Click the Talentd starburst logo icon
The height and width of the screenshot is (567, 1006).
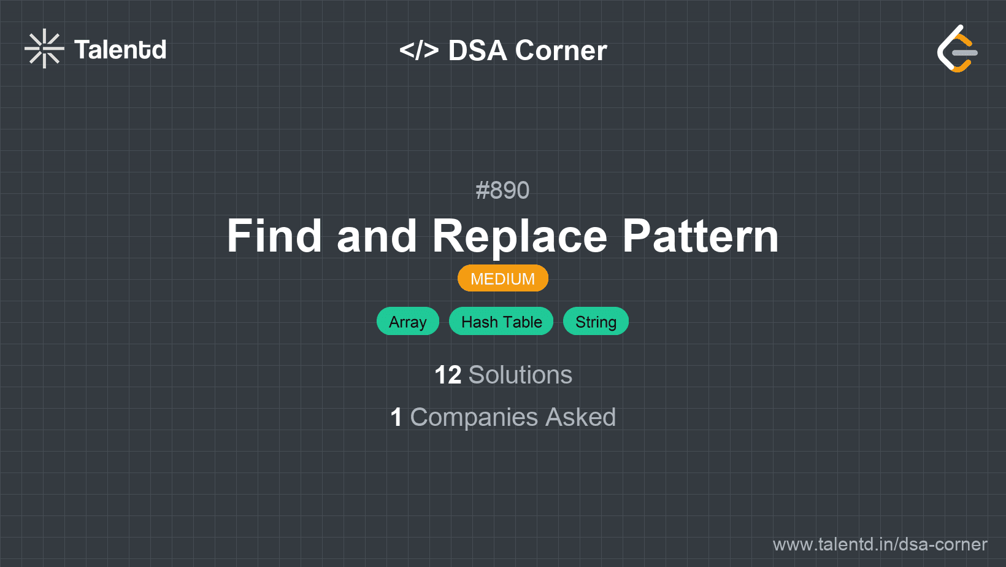[x=44, y=48]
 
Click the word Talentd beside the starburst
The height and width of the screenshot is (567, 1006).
[x=120, y=50]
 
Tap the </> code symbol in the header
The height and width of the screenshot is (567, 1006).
[x=418, y=50]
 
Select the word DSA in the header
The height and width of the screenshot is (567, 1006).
[x=477, y=50]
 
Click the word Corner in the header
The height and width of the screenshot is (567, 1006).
[x=561, y=50]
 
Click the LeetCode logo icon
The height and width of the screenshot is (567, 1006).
[x=957, y=48]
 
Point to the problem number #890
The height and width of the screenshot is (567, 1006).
[x=502, y=190]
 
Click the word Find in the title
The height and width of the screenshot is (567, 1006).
[x=274, y=236]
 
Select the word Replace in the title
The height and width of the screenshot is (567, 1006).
[x=520, y=238]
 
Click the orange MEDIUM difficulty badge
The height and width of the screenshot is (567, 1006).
[x=503, y=278]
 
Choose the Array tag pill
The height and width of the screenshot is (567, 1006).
[x=408, y=322]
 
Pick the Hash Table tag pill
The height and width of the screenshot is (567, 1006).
[x=501, y=322]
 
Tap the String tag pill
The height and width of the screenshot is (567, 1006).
[x=596, y=322]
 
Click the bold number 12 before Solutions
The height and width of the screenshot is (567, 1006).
[x=448, y=375]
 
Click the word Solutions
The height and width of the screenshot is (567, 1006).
[x=521, y=375]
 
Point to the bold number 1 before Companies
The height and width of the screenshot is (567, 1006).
[x=396, y=417]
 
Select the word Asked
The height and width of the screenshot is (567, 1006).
[x=580, y=417]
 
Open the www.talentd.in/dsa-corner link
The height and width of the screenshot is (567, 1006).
[x=880, y=544]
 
